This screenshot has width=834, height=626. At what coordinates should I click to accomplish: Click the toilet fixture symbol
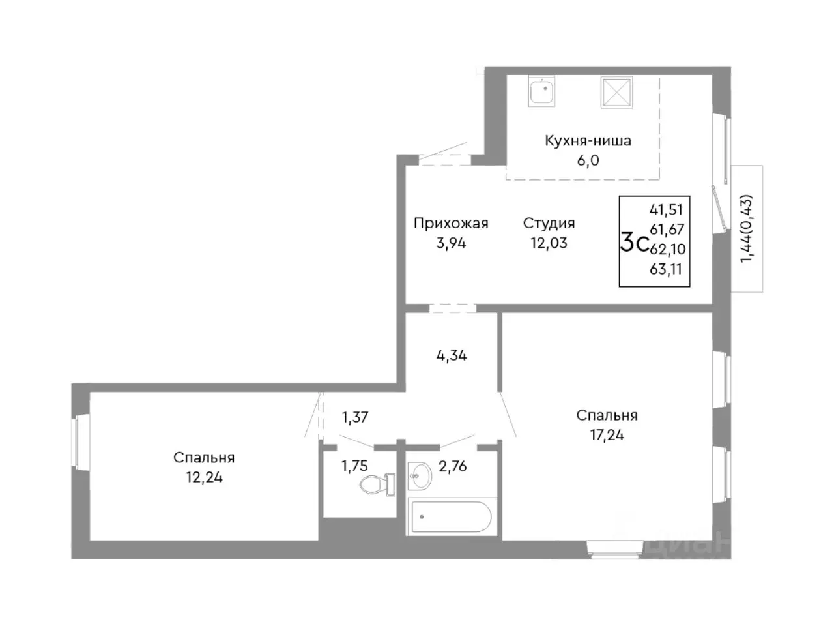[377, 484]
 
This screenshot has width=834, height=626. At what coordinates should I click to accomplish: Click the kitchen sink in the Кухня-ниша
[541, 91]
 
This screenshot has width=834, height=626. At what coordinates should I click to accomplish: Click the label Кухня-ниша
[588, 141]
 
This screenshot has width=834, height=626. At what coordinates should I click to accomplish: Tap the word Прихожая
[451, 224]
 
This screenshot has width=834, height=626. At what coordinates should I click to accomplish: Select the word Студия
[549, 224]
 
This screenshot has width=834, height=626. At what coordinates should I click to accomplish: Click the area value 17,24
[607, 435]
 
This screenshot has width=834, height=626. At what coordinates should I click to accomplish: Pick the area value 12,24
[204, 477]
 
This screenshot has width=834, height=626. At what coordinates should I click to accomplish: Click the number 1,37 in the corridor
[355, 417]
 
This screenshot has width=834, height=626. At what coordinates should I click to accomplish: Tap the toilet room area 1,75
[354, 466]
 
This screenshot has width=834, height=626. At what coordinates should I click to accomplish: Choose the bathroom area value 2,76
[453, 466]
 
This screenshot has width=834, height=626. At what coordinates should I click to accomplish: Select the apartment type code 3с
[633, 243]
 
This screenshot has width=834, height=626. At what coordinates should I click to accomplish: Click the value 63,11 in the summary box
[666, 269]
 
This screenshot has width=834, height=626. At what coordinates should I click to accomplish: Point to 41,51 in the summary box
[666, 209]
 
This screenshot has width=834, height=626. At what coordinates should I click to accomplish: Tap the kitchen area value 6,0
[588, 160]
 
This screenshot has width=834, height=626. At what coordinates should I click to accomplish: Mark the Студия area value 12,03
[549, 243]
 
